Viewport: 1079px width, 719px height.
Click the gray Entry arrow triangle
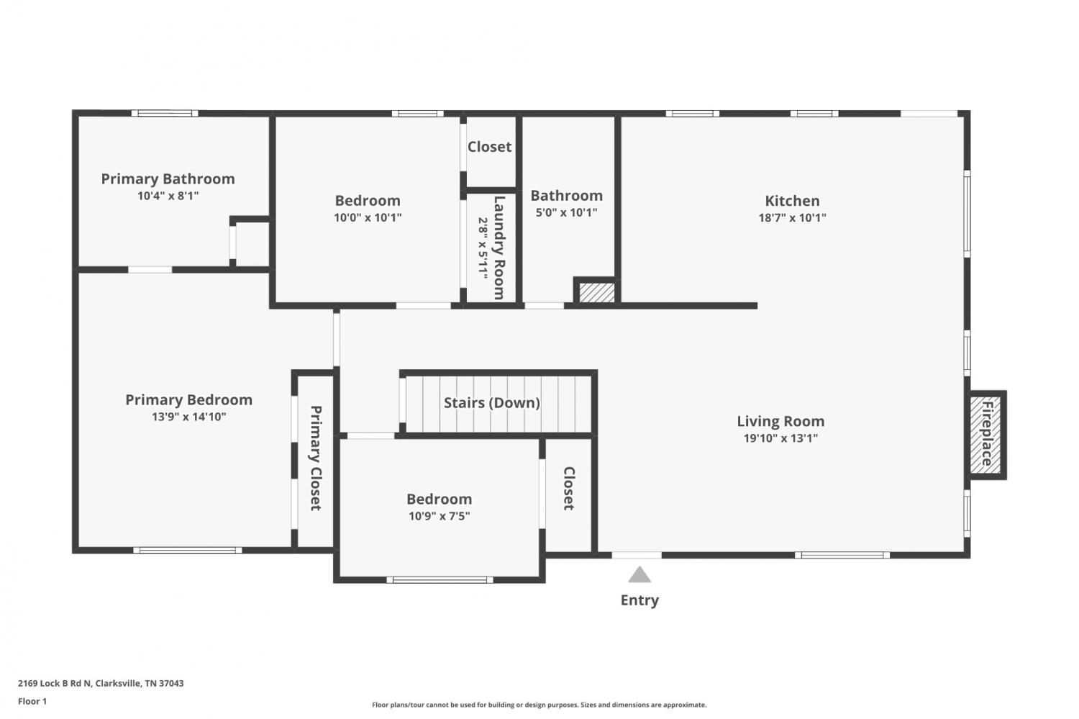(639, 574)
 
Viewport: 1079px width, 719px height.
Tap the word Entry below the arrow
(639, 600)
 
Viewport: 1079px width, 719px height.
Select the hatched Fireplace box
(985, 435)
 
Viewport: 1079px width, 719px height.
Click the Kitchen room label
(792, 201)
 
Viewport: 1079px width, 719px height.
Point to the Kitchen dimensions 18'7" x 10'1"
(792, 218)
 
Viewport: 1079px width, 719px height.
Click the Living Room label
(780, 421)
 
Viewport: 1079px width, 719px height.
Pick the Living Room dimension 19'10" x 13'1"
(780, 438)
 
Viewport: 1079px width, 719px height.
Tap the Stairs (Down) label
(491, 403)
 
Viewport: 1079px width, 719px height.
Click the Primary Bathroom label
(168, 178)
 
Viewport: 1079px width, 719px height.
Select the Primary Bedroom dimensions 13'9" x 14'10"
(188, 417)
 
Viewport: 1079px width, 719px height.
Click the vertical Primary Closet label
(316, 458)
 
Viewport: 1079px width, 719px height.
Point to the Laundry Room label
(499, 248)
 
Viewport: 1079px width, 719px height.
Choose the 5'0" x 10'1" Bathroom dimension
(567, 212)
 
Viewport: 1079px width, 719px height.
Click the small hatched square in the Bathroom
(596, 292)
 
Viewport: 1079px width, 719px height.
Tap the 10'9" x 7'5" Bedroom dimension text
(440, 516)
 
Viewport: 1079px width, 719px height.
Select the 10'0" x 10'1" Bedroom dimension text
(368, 218)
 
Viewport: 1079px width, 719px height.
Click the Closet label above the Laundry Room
(489, 147)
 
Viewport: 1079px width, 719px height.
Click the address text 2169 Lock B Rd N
(55, 683)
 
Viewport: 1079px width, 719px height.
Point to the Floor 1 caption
(32, 701)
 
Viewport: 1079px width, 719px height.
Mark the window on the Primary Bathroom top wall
(165, 113)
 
